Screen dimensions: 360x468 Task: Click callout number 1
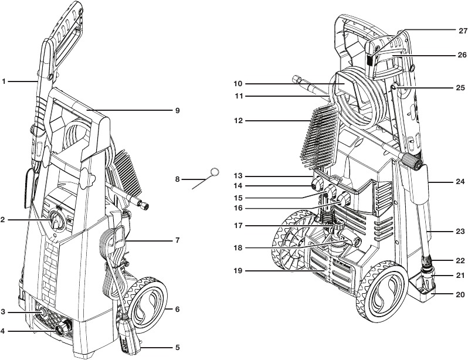pos(4,81)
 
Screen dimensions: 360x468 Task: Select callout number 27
pos(462,29)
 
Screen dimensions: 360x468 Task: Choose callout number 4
pos(4,331)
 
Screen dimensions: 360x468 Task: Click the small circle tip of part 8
pos(215,172)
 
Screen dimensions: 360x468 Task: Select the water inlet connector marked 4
pos(60,330)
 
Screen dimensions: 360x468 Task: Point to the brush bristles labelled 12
pos(320,132)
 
